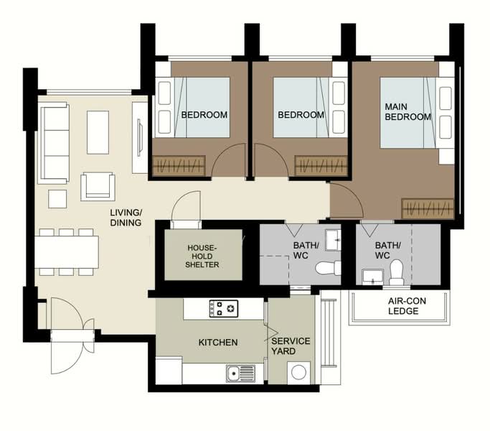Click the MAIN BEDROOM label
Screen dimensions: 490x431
click(407, 112)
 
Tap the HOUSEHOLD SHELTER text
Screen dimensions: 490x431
click(202, 256)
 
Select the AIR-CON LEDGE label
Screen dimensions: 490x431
click(407, 306)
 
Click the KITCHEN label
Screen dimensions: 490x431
click(218, 342)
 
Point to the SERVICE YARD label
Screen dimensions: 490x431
click(291, 346)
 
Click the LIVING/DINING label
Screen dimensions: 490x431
click(126, 218)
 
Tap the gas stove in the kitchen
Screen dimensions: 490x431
click(223, 309)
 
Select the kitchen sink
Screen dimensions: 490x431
click(240, 374)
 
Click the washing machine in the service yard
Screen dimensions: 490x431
click(298, 373)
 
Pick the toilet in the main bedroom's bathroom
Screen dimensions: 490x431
click(397, 272)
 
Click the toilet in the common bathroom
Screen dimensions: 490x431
click(328, 268)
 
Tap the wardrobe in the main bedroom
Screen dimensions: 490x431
click(428, 208)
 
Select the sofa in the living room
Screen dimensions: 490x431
click(53, 143)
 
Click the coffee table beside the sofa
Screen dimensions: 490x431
click(98, 132)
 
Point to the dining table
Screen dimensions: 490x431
click(67, 252)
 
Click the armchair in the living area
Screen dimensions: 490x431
click(98, 187)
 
